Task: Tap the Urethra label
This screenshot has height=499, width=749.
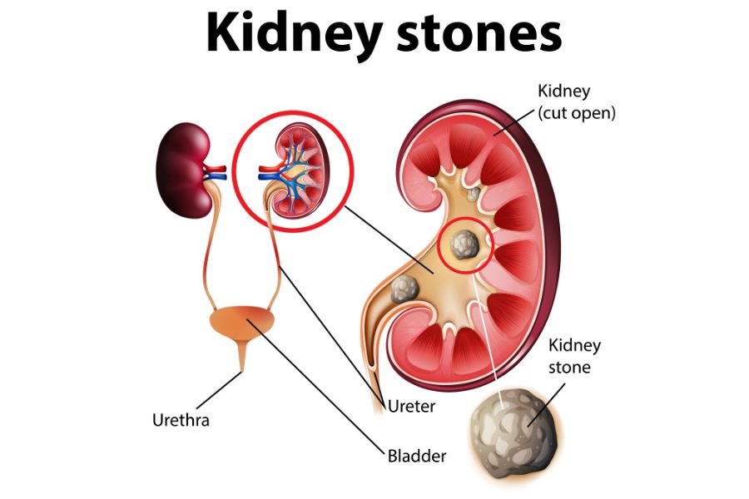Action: [x=181, y=420]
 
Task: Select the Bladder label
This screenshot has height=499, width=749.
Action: [x=417, y=456]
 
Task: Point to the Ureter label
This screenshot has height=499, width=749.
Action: [x=411, y=407]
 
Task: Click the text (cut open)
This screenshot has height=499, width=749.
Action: [x=577, y=113]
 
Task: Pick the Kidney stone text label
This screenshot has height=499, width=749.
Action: [x=574, y=356]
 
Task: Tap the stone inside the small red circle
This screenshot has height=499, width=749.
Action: [x=464, y=244]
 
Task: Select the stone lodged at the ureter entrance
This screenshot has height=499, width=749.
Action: [x=404, y=289]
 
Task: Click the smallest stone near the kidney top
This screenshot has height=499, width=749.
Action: [x=474, y=194]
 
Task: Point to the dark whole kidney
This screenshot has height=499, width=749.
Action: [x=185, y=170]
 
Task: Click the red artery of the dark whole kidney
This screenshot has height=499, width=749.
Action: [x=215, y=169]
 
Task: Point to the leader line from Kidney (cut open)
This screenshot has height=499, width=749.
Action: [x=514, y=121]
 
